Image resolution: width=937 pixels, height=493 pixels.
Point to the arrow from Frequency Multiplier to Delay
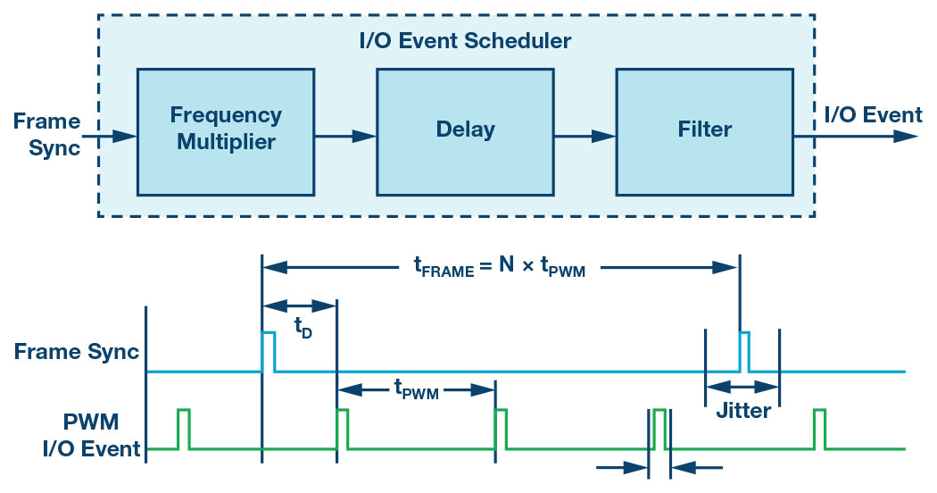click(x=344, y=137)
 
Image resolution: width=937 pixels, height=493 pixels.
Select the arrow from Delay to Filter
click(x=585, y=137)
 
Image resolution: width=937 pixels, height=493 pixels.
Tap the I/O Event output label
click(x=873, y=115)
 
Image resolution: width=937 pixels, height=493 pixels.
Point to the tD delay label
click(x=303, y=327)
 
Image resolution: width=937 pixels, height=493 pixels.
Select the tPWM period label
click(x=416, y=389)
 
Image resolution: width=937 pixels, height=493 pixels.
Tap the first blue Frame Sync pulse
click(x=268, y=351)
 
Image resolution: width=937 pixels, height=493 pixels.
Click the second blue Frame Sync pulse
click(x=744, y=351)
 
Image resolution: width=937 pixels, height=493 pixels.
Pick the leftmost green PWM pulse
click(x=184, y=428)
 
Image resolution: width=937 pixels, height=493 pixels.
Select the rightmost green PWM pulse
click(x=819, y=428)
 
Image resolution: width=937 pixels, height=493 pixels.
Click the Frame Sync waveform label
click(x=77, y=351)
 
